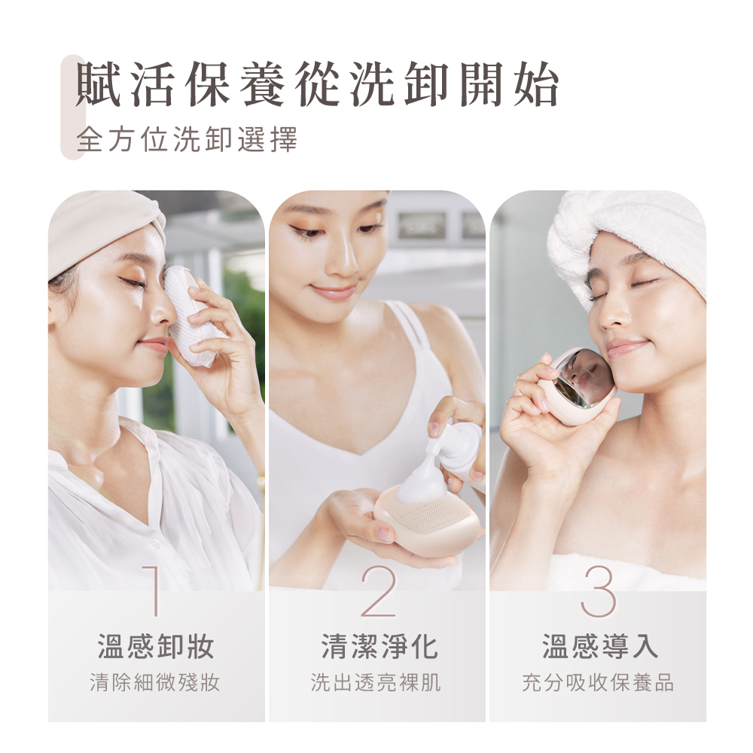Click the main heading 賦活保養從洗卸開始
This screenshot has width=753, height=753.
coord(318,84)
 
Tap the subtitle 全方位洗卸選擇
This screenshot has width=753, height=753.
coord(187,139)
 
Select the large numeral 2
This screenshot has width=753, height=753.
coord(379,591)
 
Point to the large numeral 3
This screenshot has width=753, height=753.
coord(599,591)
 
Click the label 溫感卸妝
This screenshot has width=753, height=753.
coord(156,646)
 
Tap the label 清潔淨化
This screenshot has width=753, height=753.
coord(380,646)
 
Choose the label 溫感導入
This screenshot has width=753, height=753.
coord(600,646)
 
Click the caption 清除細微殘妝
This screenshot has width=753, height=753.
coord(154,682)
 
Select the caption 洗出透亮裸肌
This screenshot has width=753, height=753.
coord(376,682)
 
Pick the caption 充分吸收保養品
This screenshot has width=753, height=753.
coord(598,682)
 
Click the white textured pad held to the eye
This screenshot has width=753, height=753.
coord(191,314)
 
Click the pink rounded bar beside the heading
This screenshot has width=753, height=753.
coord(72,107)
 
